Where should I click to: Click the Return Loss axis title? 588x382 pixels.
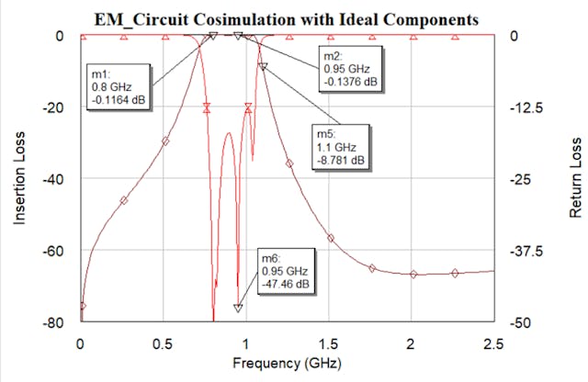click(x=575, y=178)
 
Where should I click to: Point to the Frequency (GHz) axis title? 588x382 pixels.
click(x=287, y=363)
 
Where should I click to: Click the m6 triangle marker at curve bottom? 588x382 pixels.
click(x=238, y=309)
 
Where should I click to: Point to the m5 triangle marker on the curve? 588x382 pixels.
click(x=263, y=66)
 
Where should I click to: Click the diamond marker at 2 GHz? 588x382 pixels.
click(x=413, y=274)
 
